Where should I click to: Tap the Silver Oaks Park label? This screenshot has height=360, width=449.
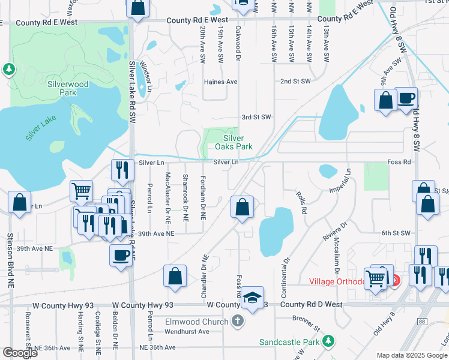(234, 142)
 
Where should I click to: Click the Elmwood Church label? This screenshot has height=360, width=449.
(197, 322)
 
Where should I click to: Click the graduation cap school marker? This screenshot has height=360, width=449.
(253, 297)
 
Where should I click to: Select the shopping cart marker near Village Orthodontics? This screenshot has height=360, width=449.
(375, 278)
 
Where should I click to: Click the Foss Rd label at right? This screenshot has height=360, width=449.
(399, 162)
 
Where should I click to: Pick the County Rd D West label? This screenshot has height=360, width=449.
(311, 305)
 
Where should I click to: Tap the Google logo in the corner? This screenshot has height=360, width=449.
(19, 352)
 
